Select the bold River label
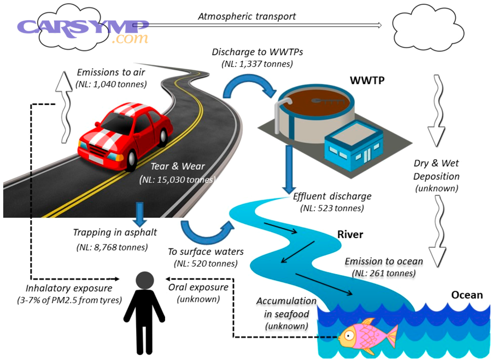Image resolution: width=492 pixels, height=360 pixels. [350, 235]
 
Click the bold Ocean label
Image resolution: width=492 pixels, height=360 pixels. [466, 295]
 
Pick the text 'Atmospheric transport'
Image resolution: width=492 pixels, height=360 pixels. [247, 16]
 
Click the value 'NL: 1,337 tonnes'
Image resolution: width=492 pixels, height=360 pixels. [257, 64]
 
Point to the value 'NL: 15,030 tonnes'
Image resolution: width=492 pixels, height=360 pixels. [179, 179]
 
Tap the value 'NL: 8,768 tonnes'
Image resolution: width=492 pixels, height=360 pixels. [112, 247]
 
